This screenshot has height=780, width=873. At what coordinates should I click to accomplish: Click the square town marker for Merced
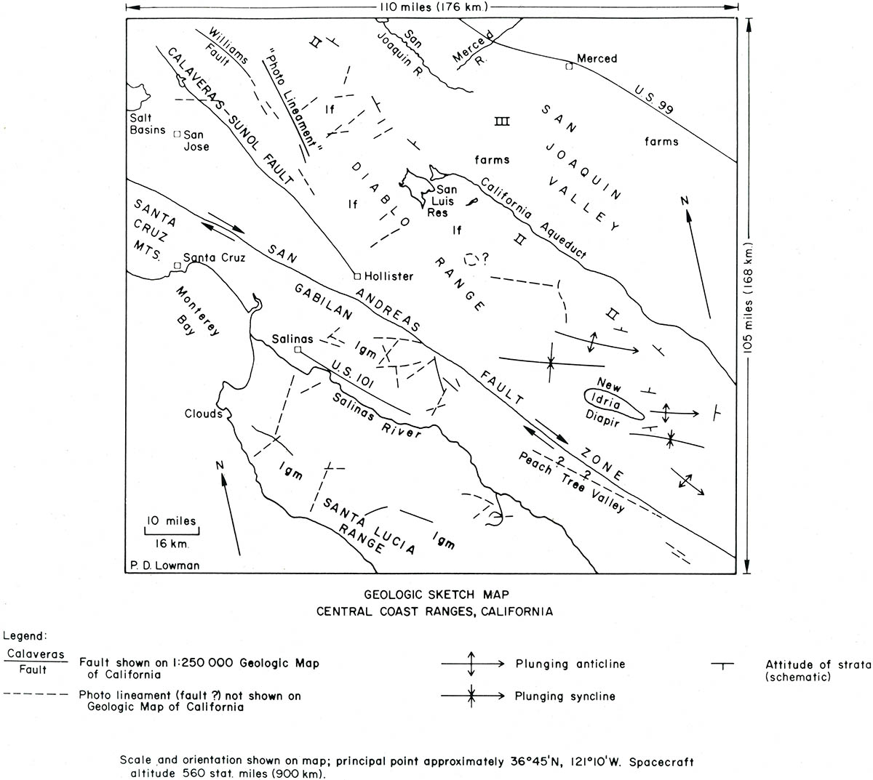click(569, 66)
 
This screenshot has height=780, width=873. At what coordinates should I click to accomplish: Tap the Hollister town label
click(388, 276)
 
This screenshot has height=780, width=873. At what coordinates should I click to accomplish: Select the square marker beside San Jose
click(177, 134)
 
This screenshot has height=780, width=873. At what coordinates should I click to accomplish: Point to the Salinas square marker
click(298, 350)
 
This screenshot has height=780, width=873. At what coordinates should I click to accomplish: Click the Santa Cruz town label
click(214, 257)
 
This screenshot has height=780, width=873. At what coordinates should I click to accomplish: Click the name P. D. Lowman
click(165, 565)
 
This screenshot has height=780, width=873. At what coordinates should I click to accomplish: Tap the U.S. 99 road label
click(653, 99)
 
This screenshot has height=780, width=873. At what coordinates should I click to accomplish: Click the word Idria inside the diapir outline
click(605, 401)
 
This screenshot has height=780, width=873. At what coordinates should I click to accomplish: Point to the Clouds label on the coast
click(204, 414)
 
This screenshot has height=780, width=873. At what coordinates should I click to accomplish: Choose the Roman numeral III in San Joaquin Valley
click(502, 121)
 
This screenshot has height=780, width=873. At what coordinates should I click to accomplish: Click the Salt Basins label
click(148, 124)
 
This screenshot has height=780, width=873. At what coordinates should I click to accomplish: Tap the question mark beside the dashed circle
click(486, 258)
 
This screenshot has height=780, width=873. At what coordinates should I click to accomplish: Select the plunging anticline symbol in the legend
click(473, 664)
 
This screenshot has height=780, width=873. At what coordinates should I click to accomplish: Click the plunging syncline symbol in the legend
click(473, 696)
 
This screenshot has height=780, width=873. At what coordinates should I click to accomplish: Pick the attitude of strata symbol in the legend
click(722, 666)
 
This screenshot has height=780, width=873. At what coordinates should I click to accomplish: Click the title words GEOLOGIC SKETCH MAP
click(436, 595)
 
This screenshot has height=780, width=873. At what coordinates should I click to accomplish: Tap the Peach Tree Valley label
click(571, 483)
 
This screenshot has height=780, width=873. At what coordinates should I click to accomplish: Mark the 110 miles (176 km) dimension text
click(434, 7)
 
